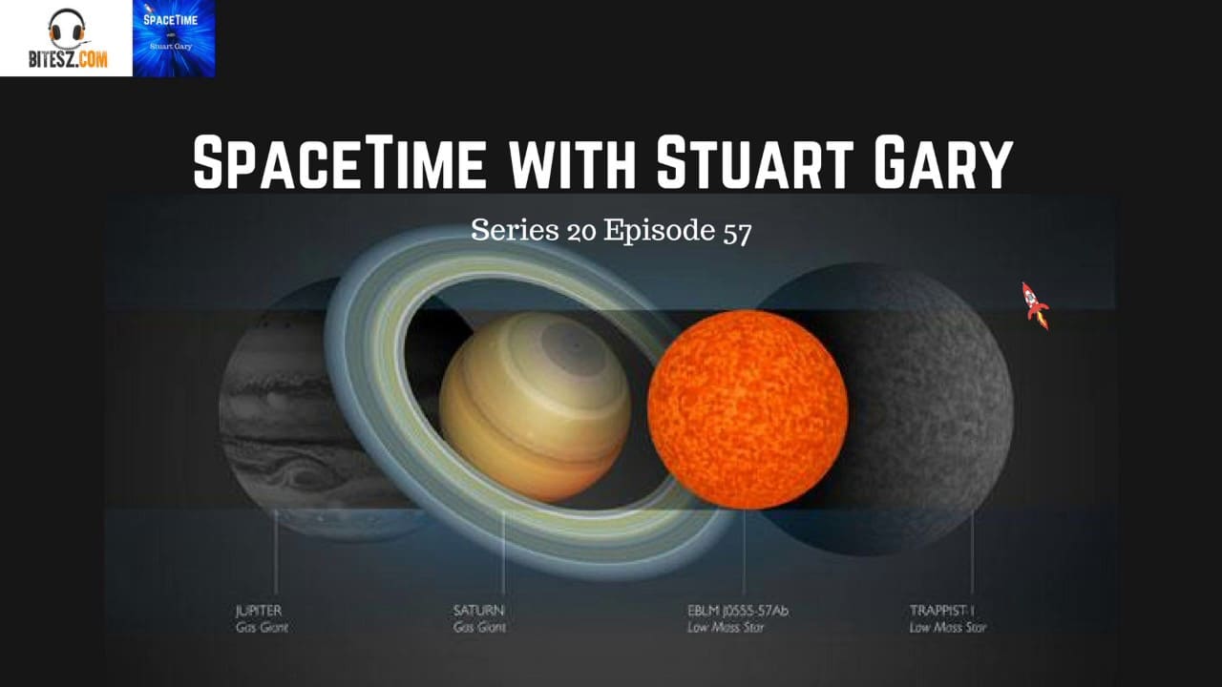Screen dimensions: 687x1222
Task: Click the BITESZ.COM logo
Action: tap(66, 38)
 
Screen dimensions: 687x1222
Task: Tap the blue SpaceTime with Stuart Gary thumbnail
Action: tap(174, 38)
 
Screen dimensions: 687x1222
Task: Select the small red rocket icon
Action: tap(1035, 305)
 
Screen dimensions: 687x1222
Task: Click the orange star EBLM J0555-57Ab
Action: tap(748, 408)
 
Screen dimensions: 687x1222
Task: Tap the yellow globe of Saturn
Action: tap(535, 406)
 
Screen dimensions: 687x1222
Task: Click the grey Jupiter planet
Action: tap(277, 410)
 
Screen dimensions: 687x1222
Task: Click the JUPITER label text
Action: tap(261, 609)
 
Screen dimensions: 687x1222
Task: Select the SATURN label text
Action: tap(478, 609)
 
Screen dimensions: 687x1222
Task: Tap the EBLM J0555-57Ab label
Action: tap(737, 609)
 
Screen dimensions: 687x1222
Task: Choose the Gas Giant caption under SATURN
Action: tap(479, 628)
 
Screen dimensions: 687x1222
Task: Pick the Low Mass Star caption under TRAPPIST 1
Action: tap(948, 628)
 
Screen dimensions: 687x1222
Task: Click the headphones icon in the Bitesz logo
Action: tap(66, 27)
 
